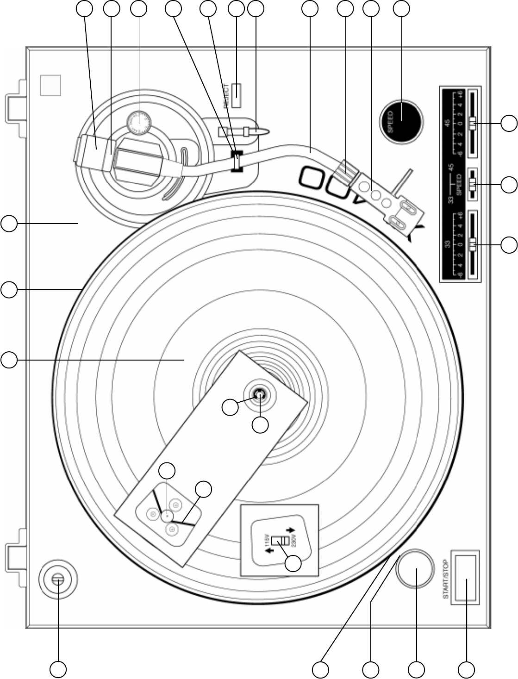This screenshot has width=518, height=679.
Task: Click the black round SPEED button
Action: (401, 119)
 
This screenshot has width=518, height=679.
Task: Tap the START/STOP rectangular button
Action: (466, 578)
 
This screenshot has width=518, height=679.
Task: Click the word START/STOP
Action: (446, 579)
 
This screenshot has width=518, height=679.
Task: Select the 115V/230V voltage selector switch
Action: (280, 541)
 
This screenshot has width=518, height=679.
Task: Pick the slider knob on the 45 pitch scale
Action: (472, 124)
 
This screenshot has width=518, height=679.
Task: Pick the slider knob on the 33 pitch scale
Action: (472, 244)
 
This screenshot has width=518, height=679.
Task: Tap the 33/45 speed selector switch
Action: (472, 184)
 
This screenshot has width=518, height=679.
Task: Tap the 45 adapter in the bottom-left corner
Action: (57, 579)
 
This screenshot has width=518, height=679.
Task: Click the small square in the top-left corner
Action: (50, 86)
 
